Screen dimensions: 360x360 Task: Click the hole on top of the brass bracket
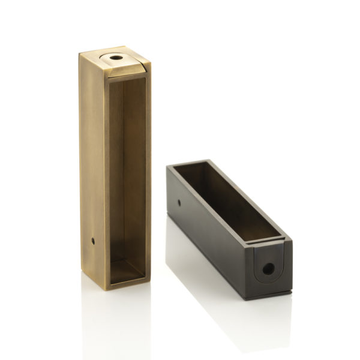coord(116,59)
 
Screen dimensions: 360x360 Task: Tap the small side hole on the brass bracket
coord(92,241)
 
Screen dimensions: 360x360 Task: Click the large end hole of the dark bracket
coord(268,268)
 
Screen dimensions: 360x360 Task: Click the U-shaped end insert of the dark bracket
coord(268,266)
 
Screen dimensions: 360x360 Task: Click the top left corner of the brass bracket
coord(80,53)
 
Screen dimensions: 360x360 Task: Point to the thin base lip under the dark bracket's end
coord(270,296)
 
